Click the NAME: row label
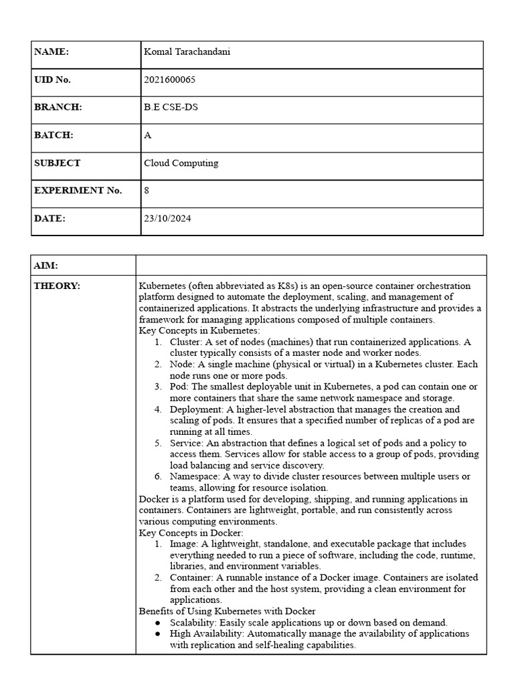coord(52,52)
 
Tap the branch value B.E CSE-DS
coord(171,107)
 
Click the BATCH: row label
coord(54,135)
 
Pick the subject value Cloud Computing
coord(181,163)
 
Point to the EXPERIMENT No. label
coord(78,191)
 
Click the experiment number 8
coord(147,191)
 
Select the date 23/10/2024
coord(167,218)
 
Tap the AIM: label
coord(46,266)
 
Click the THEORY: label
coord(57,286)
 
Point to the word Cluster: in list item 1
coord(187,342)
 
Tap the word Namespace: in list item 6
coord(195,477)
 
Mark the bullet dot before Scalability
coord(157,622)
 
